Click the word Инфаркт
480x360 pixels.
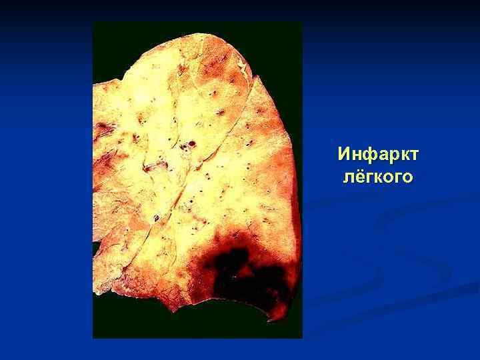pyautogui.click(x=378, y=155)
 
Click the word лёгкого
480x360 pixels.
pyautogui.click(x=378, y=177)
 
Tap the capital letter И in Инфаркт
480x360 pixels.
pyautogui.click(x=345, y=155)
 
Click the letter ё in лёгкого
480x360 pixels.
pyautogui.click(x=359, y=177)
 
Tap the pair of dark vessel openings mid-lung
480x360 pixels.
pyautogui.click(x=191, y=143)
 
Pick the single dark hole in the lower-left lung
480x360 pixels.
pyautogui.click(x=157, y=218)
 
